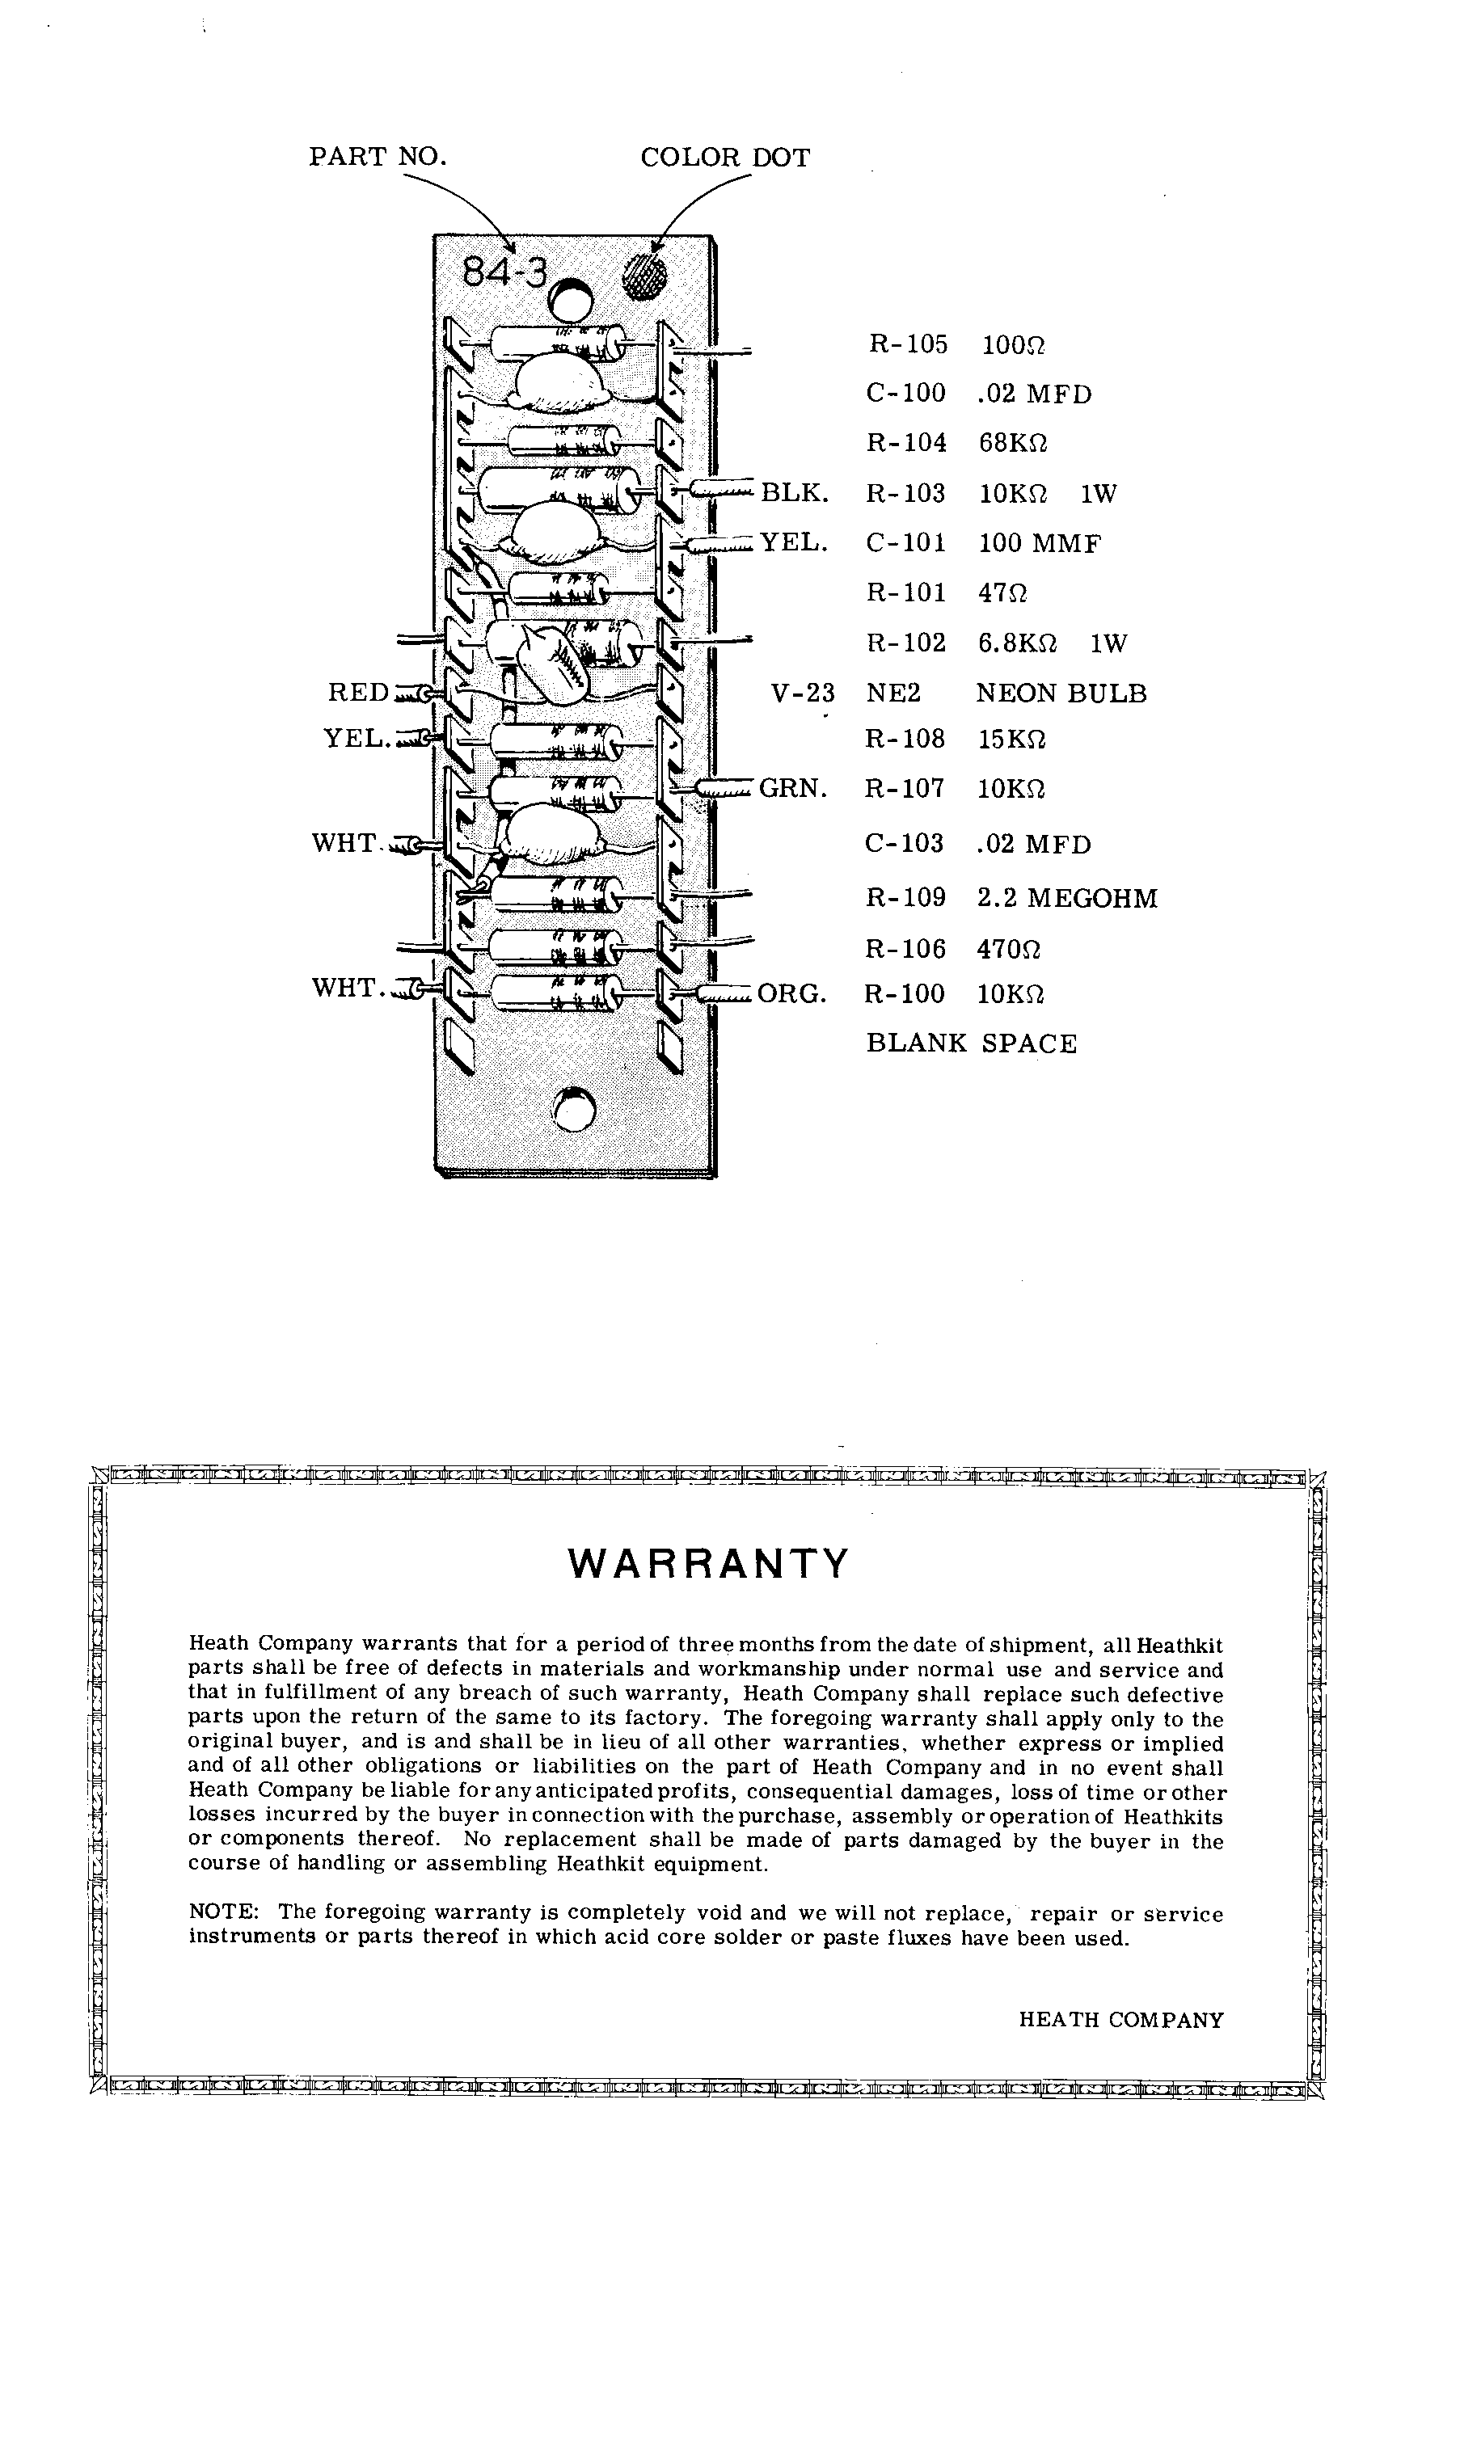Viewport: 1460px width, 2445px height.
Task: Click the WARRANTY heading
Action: click(708, 1563)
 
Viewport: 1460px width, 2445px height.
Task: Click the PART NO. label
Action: click(378, 158)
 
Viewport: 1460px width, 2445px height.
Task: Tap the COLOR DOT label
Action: click(725, 158)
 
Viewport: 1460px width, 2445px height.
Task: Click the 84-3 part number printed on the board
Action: click(504, 271)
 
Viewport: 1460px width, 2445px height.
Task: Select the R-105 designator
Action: click(907, 344)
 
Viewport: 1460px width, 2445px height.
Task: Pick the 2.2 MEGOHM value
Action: click(1067, 898)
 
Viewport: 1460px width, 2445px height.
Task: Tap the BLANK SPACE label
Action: click(971, 1043)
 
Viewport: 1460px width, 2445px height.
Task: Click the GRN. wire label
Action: click(793, 788)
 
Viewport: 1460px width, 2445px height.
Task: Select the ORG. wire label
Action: click(792, 994)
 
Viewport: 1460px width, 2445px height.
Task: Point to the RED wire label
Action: click(358, 693)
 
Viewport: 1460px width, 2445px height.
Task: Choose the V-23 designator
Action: click(803, 693)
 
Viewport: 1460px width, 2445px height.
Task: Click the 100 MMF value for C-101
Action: click(1039, 543)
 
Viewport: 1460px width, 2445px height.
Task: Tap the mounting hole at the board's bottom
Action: click(575, 1111)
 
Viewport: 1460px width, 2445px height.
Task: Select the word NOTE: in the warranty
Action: click(223, 1913)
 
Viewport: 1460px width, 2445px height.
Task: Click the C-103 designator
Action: click(904, 844)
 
